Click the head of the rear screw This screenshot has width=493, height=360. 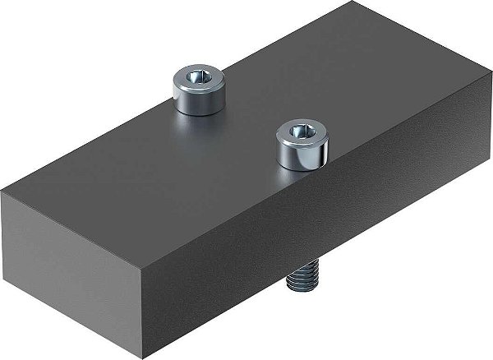click(199, 89)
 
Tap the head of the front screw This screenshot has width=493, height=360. click(302, 141)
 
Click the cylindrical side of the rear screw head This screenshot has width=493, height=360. click(199, 101)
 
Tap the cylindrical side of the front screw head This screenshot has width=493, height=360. click(302, 154)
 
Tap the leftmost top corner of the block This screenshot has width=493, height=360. click(2, 191)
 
